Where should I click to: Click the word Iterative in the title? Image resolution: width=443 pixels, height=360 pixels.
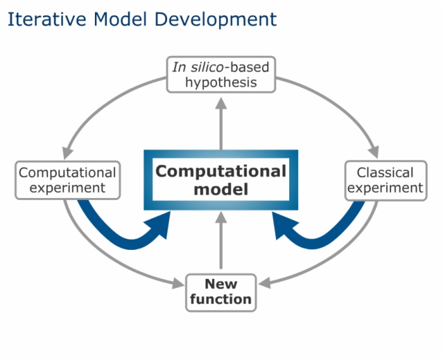tap(47, 19)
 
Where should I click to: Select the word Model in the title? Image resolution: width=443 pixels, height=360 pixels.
tap(120, 19)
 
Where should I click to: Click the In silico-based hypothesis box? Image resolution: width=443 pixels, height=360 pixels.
tap(221, 75)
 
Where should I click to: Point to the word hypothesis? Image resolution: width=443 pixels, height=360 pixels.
tap(221, 83)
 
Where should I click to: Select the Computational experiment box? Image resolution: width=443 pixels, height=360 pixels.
tap(68, 180)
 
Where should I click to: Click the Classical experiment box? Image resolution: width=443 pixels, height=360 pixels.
tap(386, 181)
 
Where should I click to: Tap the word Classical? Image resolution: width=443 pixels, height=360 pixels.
tap(385, 173)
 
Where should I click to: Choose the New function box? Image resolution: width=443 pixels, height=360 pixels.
tap(221, 293)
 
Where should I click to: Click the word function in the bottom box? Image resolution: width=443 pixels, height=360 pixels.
tap(221, 299)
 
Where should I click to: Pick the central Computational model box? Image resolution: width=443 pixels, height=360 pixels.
tap(221, 180)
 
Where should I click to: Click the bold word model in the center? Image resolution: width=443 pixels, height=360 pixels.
tap(221, 189)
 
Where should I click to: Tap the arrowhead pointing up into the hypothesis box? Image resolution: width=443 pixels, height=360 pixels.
tap(221, 103)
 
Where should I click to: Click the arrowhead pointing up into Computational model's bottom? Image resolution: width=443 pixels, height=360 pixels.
tap(221, 218)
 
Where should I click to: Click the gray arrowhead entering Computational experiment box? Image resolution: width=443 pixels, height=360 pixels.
tap(67, 153)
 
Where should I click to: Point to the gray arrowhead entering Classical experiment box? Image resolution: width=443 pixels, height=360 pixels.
tap(374, 152)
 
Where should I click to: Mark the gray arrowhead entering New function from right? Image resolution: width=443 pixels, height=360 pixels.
tap(264, 283)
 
